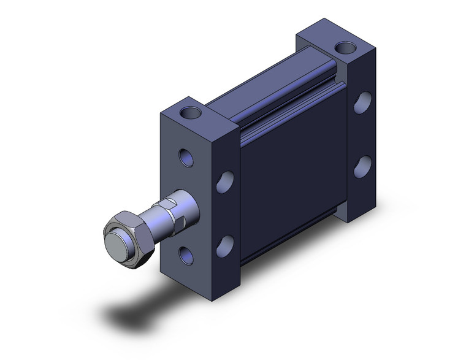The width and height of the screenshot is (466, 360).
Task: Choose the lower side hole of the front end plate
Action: pos(226,243)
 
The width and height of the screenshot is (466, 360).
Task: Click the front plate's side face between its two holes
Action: pos(227,212)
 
